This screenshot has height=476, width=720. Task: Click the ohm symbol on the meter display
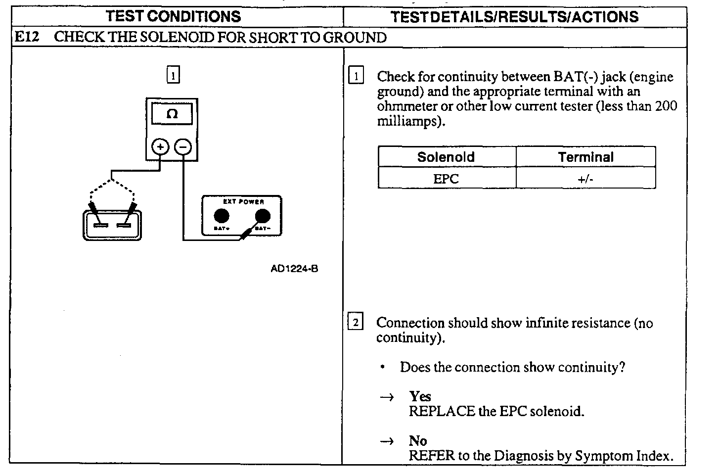pos(172,114)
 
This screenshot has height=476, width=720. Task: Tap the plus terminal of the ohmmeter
pos(160,147)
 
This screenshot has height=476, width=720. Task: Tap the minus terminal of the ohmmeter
pos(183,147)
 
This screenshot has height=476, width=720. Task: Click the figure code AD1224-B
pos(294,269)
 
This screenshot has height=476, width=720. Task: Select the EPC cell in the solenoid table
pos(446,179)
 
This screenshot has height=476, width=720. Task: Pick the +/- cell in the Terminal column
pos(585,179)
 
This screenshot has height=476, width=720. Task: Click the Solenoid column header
pos(446,157)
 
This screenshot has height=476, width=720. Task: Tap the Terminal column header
pos(585,157)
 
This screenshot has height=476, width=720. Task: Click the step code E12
pos(27,37)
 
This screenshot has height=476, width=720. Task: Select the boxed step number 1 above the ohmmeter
pos(173,75)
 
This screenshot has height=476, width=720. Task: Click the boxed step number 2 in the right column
pos(356,322)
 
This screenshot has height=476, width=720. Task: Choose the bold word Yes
pos(420,396)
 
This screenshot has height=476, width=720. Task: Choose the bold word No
pos(418,441)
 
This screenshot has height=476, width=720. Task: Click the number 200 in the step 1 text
pos(666,106)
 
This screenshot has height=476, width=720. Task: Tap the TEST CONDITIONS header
pos(173,16)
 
